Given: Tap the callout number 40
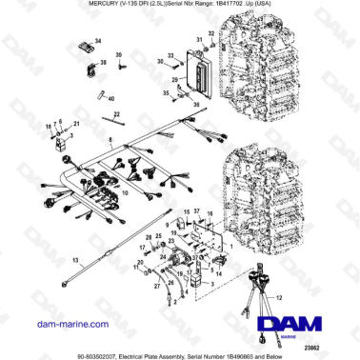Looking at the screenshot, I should point(110,99).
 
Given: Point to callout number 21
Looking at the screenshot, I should point(77,125).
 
